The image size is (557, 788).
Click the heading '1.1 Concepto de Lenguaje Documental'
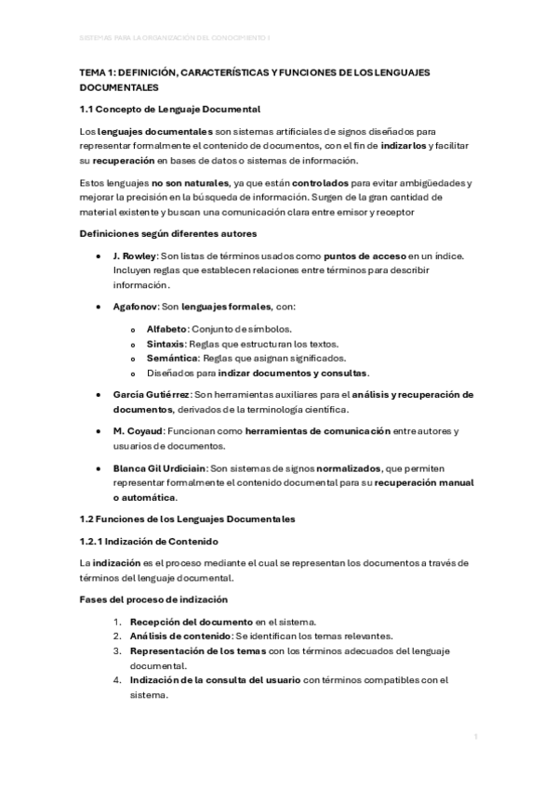pyautogui.click(x=168, y=110)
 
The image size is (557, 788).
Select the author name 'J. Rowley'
pyautogui.click(x=132, y=256)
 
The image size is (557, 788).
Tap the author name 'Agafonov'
pyautogui.click(x=133, y=306)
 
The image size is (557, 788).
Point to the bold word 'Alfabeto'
pyautogui.click(x=167, y=329)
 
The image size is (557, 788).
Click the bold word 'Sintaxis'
pyautogui.click(x=166, y=344)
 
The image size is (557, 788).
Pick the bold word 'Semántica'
pyautogui.click(x=171, y=358)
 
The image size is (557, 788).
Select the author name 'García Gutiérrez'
pyautogui.click(x=150, y=395)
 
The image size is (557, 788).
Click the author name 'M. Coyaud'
pyautogui.click(x=136, y=432)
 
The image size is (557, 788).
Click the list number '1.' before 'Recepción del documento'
pyautogui.click(x=117, y=622)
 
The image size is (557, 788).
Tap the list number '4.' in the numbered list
pyautogui.click(x=117, y=680)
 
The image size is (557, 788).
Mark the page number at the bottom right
pyautogui.click(x=475, y=736)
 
